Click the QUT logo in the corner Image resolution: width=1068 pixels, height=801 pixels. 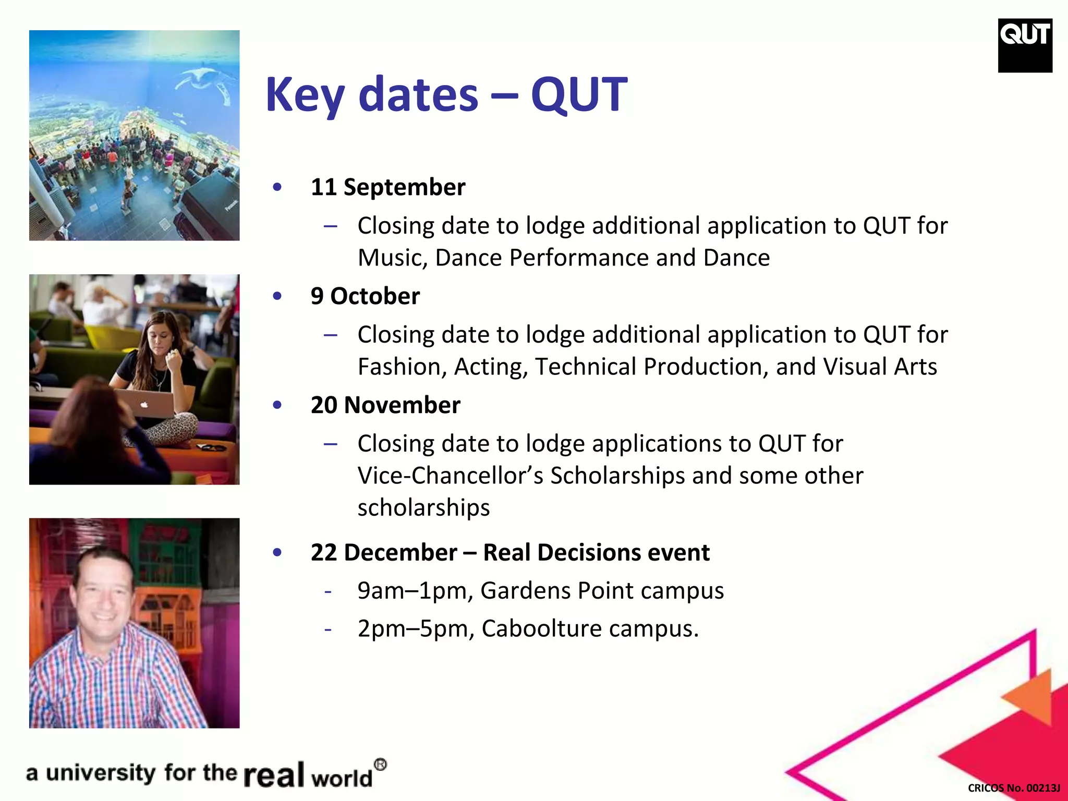tap(1025, 45)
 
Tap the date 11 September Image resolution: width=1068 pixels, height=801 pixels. tap(387, 187)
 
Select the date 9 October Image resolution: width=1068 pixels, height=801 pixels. tap(365, 296)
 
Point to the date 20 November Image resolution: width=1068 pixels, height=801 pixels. tap(385, 405)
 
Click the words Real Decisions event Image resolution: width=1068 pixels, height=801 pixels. tap(596, 553)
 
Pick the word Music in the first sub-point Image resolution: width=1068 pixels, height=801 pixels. tap(392, 258)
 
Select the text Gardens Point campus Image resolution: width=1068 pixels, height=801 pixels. tap(602, 591)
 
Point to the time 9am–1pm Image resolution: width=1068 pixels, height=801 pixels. tap(415, 591)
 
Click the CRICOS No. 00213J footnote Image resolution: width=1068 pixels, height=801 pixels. tap(1013, 788)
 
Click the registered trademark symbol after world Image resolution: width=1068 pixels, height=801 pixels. tap(381, 765)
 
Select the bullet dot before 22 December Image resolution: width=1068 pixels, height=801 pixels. tap(277, 552)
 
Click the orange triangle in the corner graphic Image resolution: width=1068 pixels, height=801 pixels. tap(1030, 696)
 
